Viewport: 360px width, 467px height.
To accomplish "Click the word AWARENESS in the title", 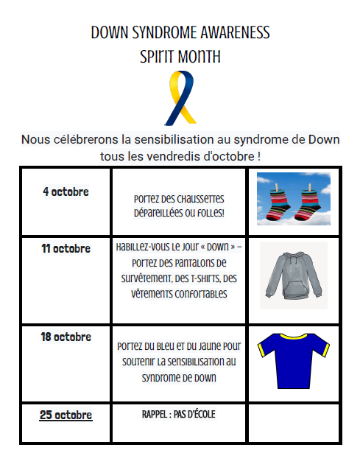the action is pyautogui.click(x=230, y=33).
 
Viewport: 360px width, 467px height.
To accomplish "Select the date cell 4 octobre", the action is pyautogui.click(x=66, y=192).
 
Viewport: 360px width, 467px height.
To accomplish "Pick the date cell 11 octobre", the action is pyautogui.click(x=66, y=248).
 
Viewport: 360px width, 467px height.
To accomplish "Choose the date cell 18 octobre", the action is pyautogui.click(x=66, y=337).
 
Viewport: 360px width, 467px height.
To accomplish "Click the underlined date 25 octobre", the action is pyautogui.click(x=66, y=415).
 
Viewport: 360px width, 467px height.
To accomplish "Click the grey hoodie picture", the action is pyautogui.click(x=293, y=276).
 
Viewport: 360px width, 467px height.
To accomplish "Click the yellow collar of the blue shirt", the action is pyautogui.click(x=293, y=337).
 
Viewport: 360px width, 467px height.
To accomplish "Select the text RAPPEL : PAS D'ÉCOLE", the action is pyautogui.click(x=179, y=414).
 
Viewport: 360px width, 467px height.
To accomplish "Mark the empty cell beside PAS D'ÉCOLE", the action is pyautogui.click(x=293, y=422).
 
